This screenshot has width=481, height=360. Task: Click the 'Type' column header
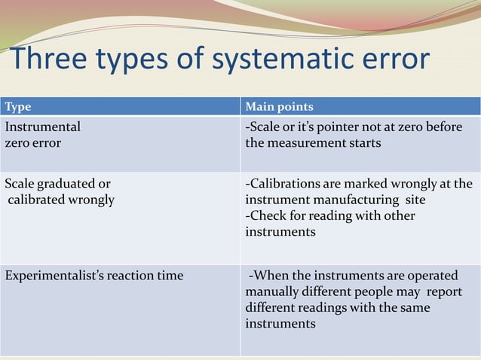point(17,106)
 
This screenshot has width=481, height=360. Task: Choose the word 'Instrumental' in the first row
point(43,127)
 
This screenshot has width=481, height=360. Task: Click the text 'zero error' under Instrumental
point(33,142)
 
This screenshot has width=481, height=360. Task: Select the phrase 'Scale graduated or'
point(58,183)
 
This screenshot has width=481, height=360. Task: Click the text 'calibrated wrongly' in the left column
point(61,199)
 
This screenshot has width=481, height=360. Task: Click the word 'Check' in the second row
point(268,215)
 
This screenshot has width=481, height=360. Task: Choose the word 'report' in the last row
point(444,291)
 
